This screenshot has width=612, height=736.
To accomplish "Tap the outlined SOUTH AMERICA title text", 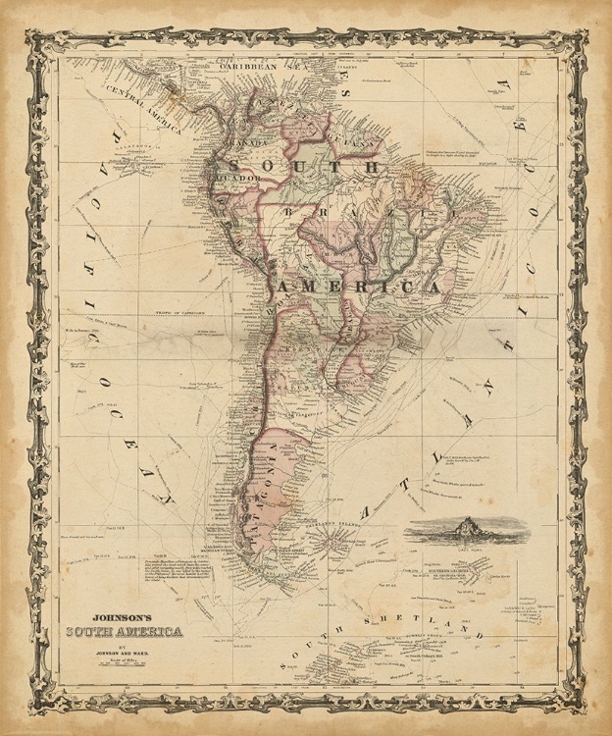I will tap(123, 631).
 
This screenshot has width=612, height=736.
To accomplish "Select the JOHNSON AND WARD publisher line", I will tap(123, 650).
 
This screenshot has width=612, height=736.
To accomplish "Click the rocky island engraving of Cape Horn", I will tap(466, 533).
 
